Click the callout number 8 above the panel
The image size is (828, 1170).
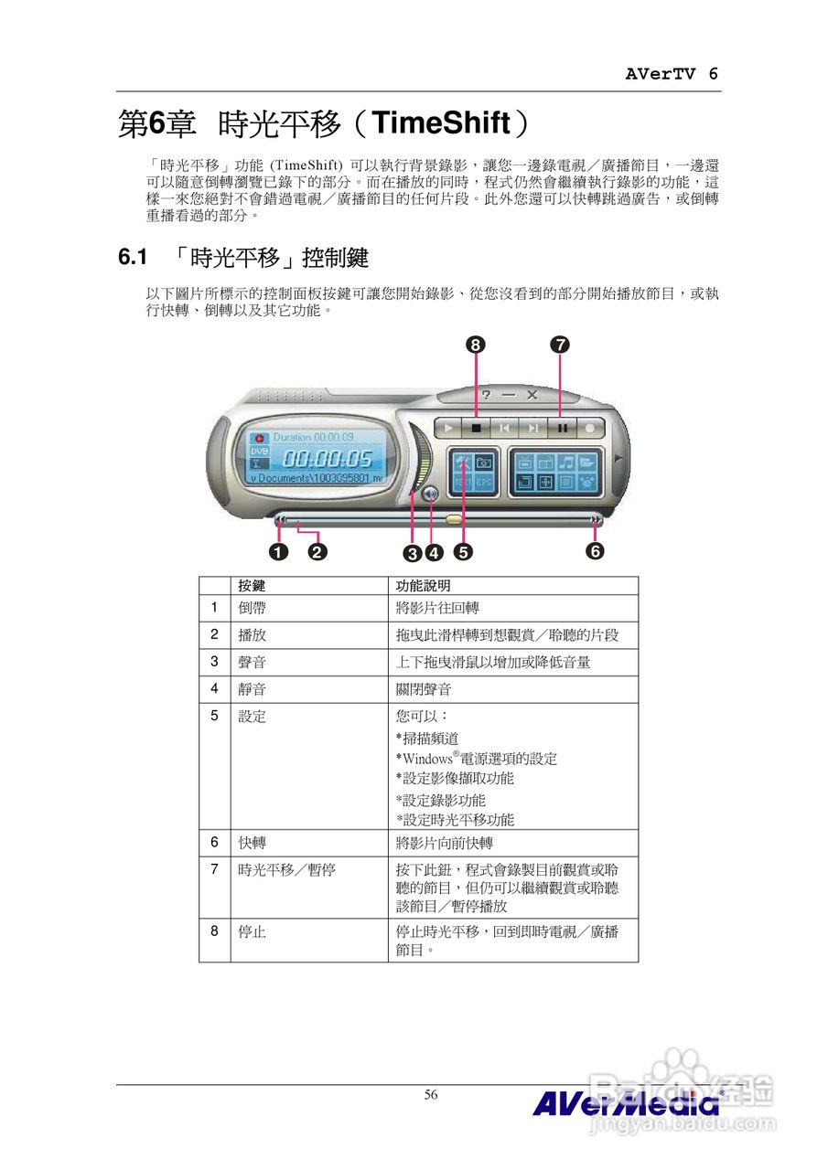point(475,345)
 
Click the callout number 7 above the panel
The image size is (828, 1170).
point(560,345)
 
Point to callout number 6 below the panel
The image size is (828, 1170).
point(596,551)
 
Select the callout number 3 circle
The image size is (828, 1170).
point(413,552)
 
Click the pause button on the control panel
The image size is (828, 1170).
point(563,426)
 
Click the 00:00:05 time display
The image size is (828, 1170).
point(326,458)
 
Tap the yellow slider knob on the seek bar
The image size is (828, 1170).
point(455,519)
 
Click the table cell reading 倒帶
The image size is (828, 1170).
point(252,608)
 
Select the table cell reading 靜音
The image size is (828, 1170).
point(252,689)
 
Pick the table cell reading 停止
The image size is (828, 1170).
point(252,932)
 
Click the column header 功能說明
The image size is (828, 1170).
point(422,585)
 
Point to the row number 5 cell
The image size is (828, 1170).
point(214,716)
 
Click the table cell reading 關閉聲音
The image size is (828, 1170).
point(423,689)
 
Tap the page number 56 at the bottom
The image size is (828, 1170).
point(431,1094)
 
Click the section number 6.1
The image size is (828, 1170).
point(133,258)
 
